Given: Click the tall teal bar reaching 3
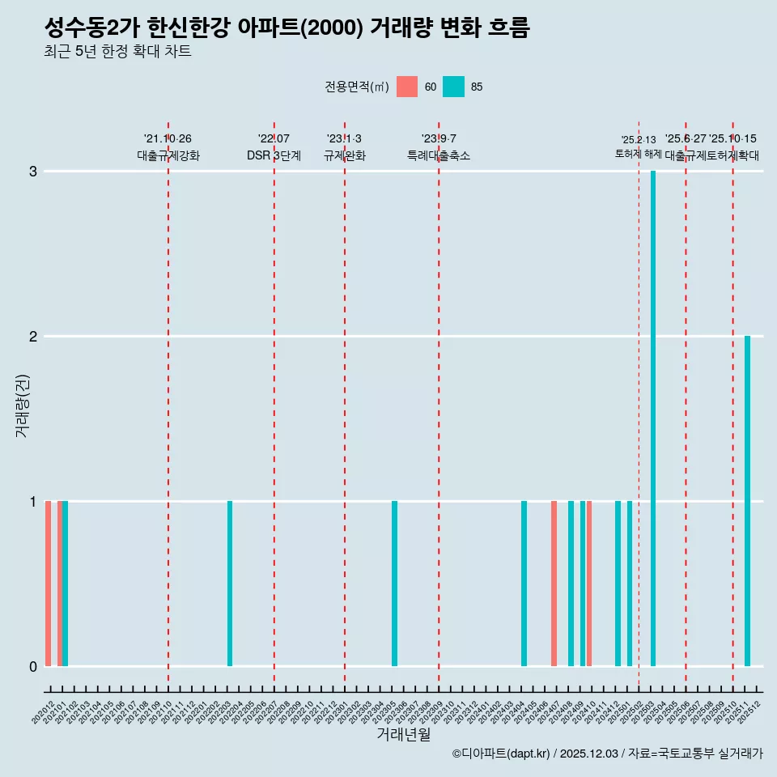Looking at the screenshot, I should click(653, 418).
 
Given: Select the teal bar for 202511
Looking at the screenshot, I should click(747, 501).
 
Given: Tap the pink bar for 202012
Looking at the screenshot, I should click(49, 584).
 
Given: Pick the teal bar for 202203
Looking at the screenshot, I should click(230, 584).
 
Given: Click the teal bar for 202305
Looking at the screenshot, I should click(394, 584).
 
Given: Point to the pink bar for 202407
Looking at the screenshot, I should click(554, 584).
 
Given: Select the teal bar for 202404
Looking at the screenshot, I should click(524, 584).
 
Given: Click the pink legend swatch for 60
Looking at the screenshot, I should click(407, 87).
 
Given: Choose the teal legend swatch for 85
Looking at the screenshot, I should click(454, 87).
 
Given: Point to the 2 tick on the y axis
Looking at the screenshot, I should click(33, 336).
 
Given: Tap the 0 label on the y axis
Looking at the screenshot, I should click(33, 666).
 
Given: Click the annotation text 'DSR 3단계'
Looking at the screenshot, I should click(274, 155).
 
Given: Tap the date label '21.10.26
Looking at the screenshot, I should click(168, 139).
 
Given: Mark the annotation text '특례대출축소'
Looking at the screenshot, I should click(438, 155).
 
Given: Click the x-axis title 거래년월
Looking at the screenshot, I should click(403, 735).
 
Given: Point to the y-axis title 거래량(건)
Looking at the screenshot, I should click(22, 405).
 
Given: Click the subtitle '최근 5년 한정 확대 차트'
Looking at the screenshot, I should click(118, 52).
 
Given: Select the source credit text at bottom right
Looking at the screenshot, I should click(607, 754).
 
